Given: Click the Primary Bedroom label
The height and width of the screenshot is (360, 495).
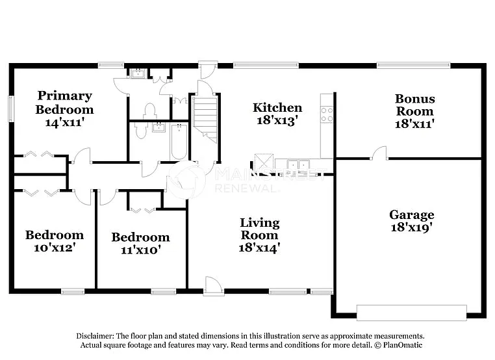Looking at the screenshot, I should click(x=64, y=103).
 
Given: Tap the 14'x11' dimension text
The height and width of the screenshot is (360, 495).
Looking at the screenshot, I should click(x=64, y=122).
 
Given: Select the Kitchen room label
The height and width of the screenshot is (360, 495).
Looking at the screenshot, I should click(x=277, y=107).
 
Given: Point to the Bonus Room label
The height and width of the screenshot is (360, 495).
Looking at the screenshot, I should click(x=414, y=105).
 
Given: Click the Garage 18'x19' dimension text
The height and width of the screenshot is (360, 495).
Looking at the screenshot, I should click(x=411, y=227).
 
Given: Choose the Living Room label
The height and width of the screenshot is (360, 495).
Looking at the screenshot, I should click(x=259, y=229).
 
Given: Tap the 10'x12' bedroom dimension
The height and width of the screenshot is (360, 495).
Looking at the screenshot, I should click(x=55, y=247).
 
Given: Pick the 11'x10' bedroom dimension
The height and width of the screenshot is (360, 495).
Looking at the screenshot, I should click(x=140, y=249).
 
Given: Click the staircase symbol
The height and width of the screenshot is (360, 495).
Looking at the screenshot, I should click(x=205, y=117).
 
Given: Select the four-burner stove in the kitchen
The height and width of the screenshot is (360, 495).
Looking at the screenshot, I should click(x=327, y=115).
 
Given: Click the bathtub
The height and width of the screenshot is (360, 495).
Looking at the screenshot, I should click(x=179, y=142).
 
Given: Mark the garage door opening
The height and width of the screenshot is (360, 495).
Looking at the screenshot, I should click(x=411, y=313).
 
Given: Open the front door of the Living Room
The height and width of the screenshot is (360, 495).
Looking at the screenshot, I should click(x=213, y=286).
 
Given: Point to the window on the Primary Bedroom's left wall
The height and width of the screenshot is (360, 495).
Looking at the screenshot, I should click(x=10, y=108).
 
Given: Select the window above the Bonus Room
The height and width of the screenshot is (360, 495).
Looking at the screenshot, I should click(x=413, y=65).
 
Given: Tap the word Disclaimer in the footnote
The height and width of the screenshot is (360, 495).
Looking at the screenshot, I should click(x=95, y=335).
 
